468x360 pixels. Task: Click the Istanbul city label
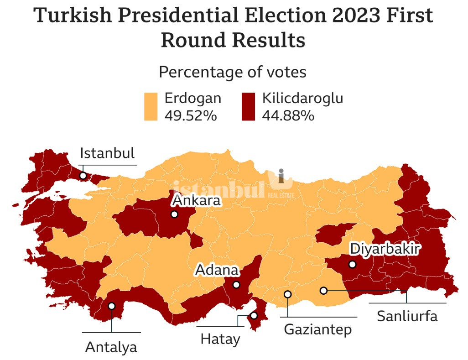[x=107, y=153]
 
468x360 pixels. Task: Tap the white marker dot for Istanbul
[x=83, y=175]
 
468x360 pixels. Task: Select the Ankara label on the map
[x=196, y=201]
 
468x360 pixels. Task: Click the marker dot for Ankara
[x=174, y=214]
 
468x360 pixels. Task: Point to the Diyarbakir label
[x=385, y=249]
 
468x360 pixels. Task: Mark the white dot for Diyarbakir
[x=352, y=264]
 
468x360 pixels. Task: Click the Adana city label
[x=217, y=270]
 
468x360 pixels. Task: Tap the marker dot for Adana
[x=236, y=285]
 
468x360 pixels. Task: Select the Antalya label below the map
[x=111, y=347]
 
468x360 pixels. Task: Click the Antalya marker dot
[x=112, y=306]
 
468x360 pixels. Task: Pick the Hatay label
[x=220, y=339]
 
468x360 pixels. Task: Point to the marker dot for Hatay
[x=254, y=316]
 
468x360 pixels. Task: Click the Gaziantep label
[x=318, y=329]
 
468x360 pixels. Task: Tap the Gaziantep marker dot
[x=287, y=294]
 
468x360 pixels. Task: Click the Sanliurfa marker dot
[x=323, y=290]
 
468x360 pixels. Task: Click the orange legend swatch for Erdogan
[x=151, y=107]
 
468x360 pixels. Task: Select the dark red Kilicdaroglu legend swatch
[x=248, y=107]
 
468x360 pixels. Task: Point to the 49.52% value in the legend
[x=190, y=115]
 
